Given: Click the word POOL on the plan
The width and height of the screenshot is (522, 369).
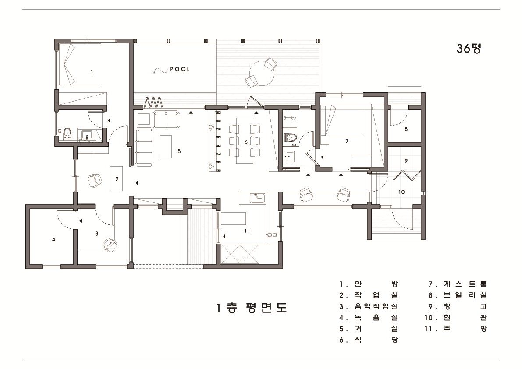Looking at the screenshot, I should pyautogui.click(x=180, y=69).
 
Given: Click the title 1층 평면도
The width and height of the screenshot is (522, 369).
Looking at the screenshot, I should pyautogui.click(x=251, y=308).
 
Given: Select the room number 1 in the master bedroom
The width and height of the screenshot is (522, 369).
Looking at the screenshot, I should pyautogui.click(x=92, y=71).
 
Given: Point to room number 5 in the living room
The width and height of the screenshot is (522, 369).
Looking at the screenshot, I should pyautogui.click(x=179, y=151).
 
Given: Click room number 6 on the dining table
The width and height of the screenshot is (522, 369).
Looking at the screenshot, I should pyautogui.click(x=246, y=142).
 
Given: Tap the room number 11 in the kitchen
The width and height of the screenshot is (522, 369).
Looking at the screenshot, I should pyautogui.click(x=247, y=231).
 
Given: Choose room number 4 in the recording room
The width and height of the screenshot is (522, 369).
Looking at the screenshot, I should pyautogui.click(x=54, y=240).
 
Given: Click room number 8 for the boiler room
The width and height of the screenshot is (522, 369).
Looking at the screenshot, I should pyautogui.click(x=406, y=129).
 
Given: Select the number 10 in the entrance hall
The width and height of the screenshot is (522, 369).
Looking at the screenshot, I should pyautogui.click(x=401, y=192).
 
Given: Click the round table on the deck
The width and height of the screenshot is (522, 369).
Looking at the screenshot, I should pyautogui.click(x=262, y=72).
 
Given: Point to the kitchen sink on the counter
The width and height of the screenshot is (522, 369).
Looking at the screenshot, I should pyautogui.click(x=256, y=198).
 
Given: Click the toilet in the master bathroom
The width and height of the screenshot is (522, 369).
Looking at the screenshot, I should pyautogui.click(x=67, y=134).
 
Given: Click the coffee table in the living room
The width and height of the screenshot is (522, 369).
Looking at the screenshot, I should pyautogui.click(x=166, y=147).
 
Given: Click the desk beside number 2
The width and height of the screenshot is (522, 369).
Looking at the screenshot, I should pyautogui.click(x=117, y=177).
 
